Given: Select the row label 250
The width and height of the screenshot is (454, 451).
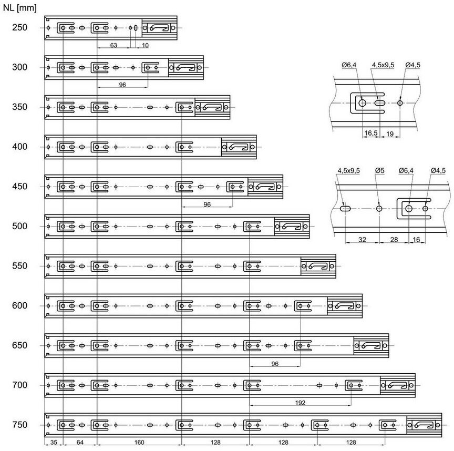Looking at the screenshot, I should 20,27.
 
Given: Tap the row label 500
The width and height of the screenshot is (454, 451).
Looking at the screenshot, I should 20,226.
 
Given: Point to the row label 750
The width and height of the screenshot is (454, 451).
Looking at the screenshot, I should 20,425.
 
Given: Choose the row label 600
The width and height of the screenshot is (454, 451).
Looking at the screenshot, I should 20,305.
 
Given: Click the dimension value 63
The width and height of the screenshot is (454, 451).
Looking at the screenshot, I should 113,46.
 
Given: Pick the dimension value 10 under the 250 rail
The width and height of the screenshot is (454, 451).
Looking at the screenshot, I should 145,46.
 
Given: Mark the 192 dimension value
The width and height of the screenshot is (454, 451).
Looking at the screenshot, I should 301,403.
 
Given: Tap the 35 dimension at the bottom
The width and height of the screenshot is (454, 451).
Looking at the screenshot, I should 54,443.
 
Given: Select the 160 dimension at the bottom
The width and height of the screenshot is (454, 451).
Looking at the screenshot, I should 139,443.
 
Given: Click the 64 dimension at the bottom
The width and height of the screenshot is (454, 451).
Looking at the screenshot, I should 80,443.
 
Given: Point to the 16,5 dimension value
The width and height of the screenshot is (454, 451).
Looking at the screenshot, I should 372,134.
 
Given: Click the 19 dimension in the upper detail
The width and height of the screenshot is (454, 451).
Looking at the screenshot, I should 390,134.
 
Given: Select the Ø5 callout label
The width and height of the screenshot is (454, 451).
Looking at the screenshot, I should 379,170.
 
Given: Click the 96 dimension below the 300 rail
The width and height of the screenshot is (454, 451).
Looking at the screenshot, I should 122,84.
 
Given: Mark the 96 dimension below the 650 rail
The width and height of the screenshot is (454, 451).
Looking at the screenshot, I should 275,363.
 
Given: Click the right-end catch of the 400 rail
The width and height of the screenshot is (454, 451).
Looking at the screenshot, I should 239,147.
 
